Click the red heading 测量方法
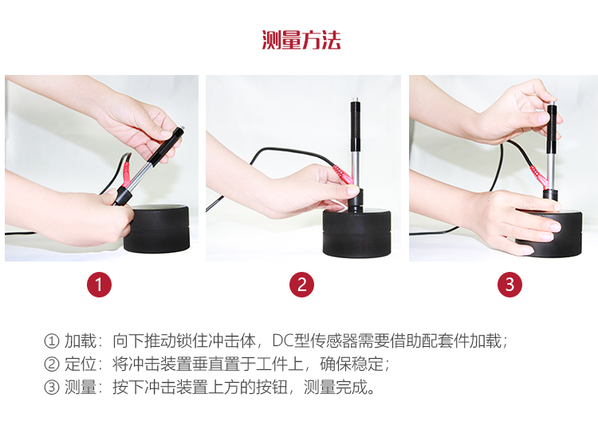tap(301, 40)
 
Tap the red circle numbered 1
tap(99, 285)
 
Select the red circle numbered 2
tap(301, 285)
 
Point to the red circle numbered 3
tap(509, 285)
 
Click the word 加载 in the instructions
tap(80, 340)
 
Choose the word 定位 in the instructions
tap(80, 364)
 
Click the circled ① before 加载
tap(52, 341)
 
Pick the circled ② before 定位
tap(52, 364)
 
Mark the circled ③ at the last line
tap(52, 388)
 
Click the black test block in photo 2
tap(356, 233)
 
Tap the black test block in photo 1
tap(157, 228)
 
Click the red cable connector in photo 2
tap(343, 175)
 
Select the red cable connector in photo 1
tap(126, 174)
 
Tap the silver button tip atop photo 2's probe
tap(356, 100)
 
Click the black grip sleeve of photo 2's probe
tap(356, 126)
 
